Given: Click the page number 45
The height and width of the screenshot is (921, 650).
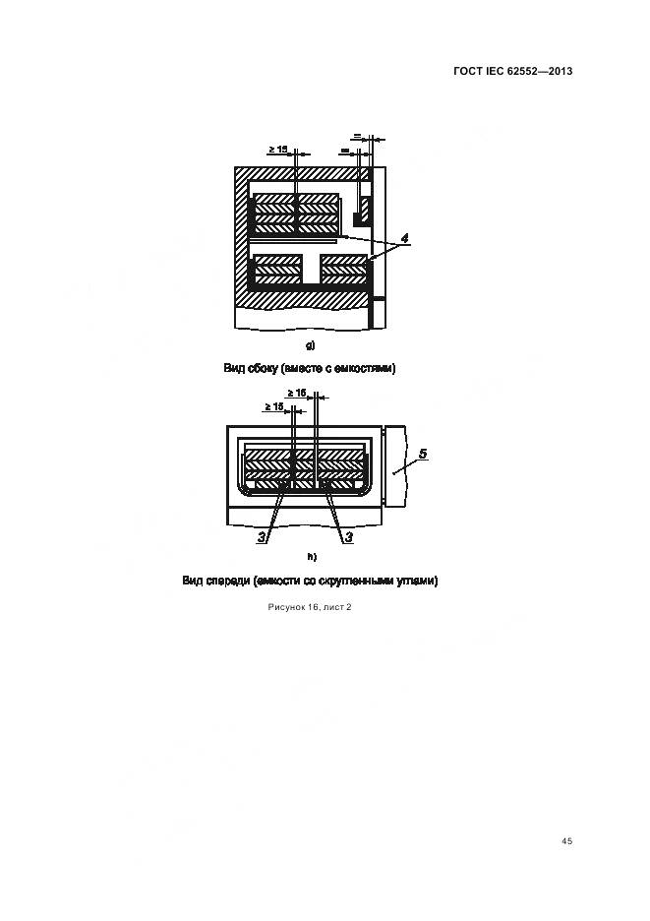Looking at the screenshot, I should point(566,841).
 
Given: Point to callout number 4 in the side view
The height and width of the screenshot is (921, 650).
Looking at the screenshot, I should point(404,238).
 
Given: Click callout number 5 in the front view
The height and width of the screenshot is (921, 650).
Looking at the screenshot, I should point(421,454).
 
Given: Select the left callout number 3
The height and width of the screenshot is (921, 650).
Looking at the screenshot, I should point(263,537).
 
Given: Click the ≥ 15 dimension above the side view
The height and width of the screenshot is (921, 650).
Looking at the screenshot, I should point(277,150).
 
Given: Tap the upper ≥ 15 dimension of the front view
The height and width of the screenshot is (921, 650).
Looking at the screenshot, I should point(298,393).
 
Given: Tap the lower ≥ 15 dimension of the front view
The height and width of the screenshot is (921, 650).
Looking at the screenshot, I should point(274,406).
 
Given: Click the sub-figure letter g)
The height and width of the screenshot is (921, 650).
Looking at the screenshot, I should point(310,344).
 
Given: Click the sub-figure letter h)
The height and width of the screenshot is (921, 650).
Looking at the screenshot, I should point(310,558).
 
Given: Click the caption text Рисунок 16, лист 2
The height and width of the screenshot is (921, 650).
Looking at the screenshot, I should point(310,607).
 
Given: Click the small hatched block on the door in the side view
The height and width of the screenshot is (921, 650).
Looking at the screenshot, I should point(363,209).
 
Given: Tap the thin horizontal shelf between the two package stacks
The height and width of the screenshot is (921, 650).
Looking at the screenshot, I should point(295,239).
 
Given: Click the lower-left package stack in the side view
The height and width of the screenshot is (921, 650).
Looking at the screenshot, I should point(277,269).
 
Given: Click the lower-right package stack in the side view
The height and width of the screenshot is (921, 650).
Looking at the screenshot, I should point(344,269).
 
